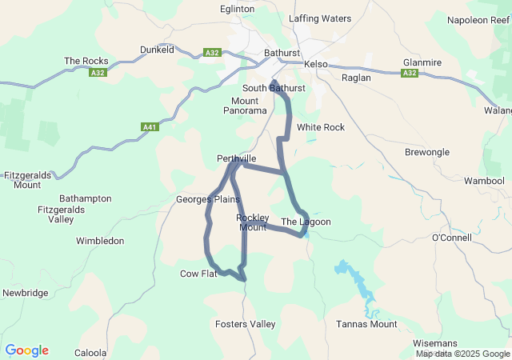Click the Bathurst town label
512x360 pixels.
pyautogui.click(x=281, y=54)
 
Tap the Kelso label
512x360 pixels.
pyautogui.click(x=313, y=63)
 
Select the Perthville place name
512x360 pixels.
pyautogui.click(x=237, y=158)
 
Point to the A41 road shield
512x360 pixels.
pyautogui.click(x=149, y=127)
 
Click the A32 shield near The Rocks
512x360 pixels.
pyautogui.click(x=97, y=72)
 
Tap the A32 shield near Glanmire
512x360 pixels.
pyautogui.click(x=410, y=73)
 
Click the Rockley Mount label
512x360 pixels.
pyautogui.click(x=252, y=222)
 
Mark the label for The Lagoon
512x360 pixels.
pyautogui.click(x=306, y=222)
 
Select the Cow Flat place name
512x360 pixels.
pyautogui.click(x=198, y=274)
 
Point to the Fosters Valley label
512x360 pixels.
pyautogui.click(x=245, y=324)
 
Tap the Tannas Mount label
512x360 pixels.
pyautogui.click(x=366, y=324)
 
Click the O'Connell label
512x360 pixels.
pyautogui.click(x=453, y=238)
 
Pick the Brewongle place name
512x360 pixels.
pyautogui.click(x=427, y=152)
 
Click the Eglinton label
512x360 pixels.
pyautogui.click(x=238, y=10)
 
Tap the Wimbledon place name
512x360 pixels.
pyautogui.click(x=100, y=240)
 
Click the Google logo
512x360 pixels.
pyautogui.click(x=26, y=350)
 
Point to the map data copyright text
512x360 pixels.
pyautogui.click(x=462, y=354)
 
